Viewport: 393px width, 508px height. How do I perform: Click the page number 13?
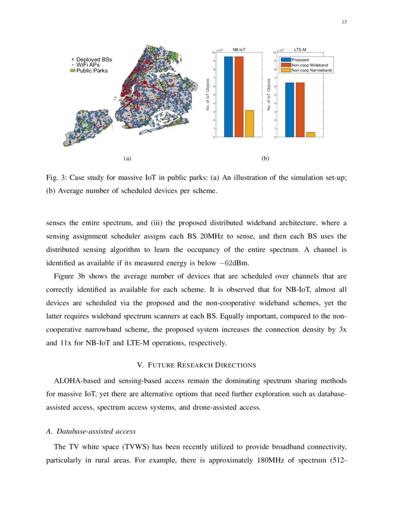coord(344,23)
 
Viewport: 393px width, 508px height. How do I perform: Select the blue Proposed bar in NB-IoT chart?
coord(228,97)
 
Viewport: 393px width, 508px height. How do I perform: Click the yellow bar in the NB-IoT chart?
coord(249,123)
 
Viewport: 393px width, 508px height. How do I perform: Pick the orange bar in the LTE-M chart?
coord(300,109)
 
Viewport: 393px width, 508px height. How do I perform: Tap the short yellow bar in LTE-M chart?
coord(311,134)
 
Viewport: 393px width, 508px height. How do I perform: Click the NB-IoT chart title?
coord(239,48)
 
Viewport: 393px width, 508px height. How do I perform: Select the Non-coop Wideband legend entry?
coord(309,65)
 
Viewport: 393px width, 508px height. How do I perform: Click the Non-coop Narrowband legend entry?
coord(311,70)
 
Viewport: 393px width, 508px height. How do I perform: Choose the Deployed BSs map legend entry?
coord(94,60)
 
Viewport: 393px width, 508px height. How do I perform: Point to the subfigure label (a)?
coord(128,158)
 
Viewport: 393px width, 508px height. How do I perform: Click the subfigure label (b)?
coord(265,158)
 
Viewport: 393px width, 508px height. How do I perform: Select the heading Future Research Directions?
coord(196,365)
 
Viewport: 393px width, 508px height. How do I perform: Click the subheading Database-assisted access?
coord(91,431)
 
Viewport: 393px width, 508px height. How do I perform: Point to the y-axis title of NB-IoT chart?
coord(208,94)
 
